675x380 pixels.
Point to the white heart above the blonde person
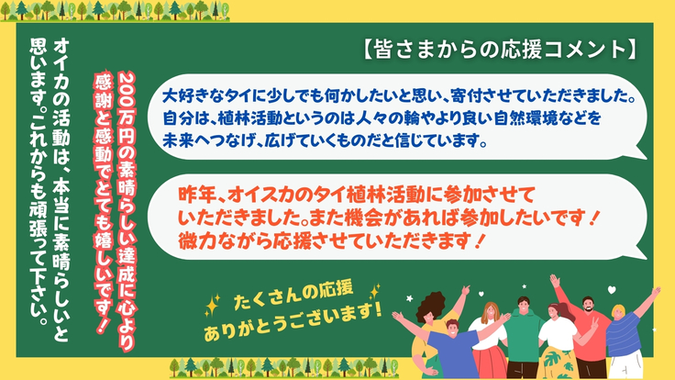click(x=612, y=290)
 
